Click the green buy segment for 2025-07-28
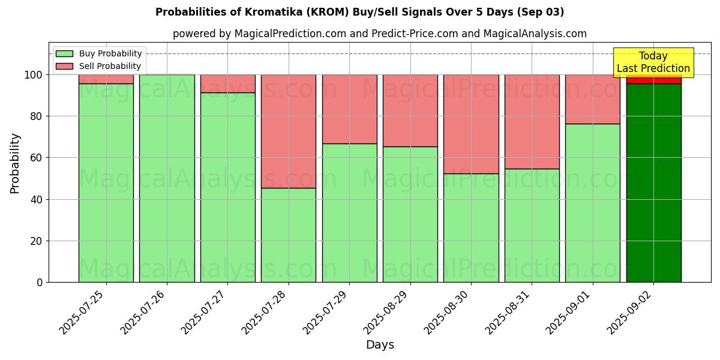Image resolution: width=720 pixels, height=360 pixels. coord(289,235)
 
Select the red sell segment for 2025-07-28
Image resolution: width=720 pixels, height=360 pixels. coord(289,131)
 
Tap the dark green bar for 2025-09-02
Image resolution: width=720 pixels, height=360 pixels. coord(653,182)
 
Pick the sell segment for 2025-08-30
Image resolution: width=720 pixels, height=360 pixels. coord(471,124)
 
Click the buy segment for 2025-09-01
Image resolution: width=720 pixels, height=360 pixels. coord(593,202)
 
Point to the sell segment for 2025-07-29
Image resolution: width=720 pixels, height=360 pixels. coord(349,109)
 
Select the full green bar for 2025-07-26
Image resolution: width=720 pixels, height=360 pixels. coord(167,178)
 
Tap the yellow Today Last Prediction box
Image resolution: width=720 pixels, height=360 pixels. coord(653,62)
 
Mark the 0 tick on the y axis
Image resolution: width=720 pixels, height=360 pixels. coord(40,282)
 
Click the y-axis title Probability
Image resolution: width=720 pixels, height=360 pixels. coord(15,163)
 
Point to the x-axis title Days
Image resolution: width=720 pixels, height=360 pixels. coord(380,345)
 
